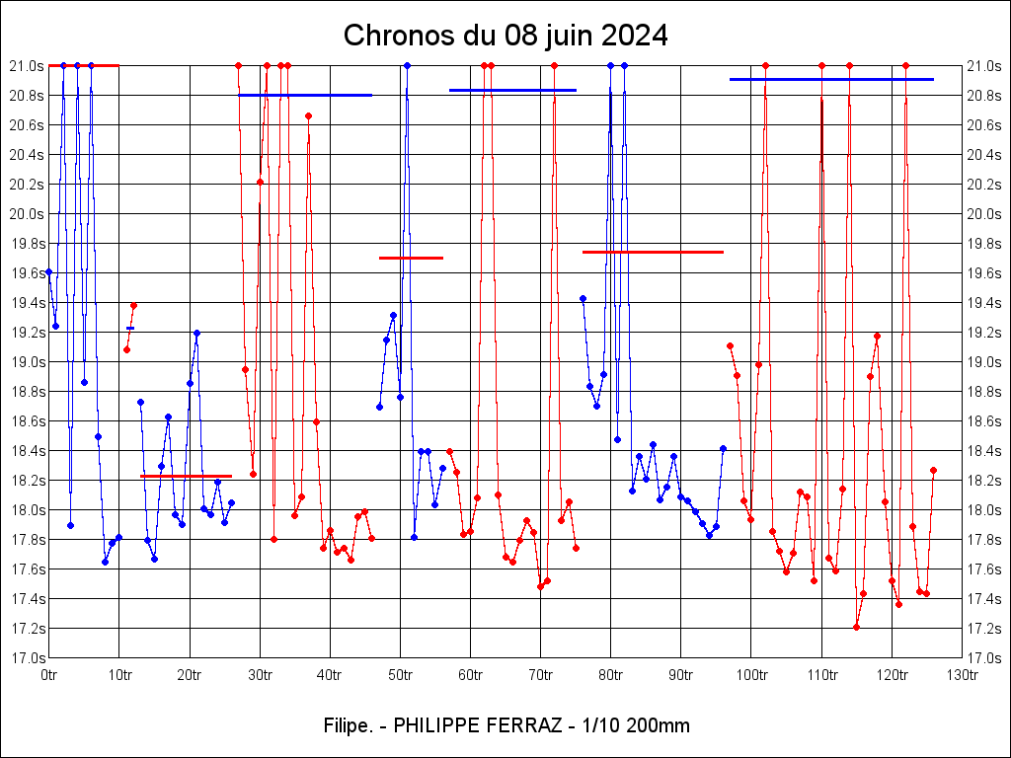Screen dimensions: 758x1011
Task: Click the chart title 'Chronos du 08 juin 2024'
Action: tap(505, 37)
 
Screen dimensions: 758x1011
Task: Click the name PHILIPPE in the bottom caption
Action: tap(436, 725)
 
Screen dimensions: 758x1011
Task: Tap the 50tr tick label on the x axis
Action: tap(400, 675)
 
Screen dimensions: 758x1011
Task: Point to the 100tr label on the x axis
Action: tap(751, 675)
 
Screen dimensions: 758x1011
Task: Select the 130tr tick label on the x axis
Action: tap(962, 675)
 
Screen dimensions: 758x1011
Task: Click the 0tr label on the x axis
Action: tap(49, 675)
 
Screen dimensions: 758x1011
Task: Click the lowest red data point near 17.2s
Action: tap(856, 627)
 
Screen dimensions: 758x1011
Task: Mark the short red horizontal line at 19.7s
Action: tap(411, 258)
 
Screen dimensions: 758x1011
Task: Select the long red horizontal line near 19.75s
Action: tap(653, 252)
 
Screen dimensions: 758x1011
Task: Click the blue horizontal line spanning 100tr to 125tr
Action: tap(831, 79)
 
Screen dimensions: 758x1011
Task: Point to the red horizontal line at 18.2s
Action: tap(186, 476)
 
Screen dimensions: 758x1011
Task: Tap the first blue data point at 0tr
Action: tap(48, 271)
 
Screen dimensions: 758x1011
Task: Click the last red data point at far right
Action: tap(933, 470)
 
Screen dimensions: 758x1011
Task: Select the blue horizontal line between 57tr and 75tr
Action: tap(512, 90)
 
